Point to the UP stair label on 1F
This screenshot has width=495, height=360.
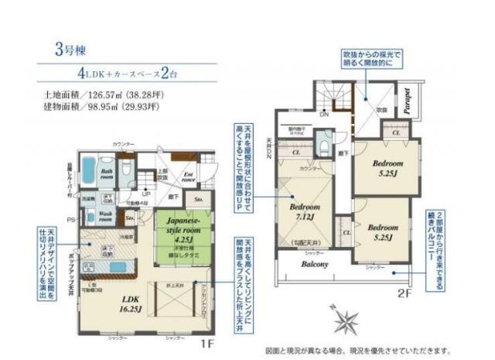click(146, 193)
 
